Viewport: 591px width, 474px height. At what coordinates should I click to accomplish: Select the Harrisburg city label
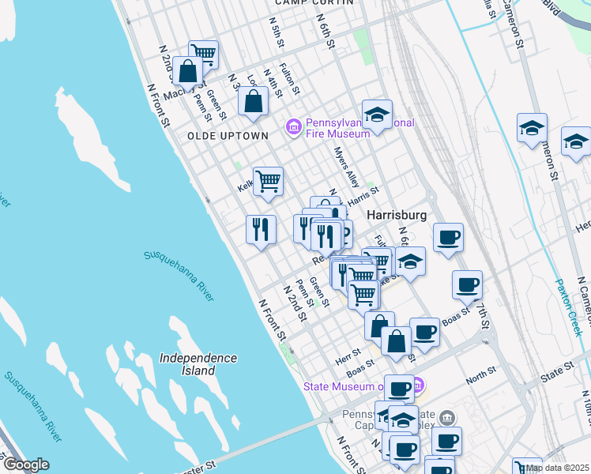[x=396, y=215]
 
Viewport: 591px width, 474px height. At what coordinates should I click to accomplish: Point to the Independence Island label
[x=198, y=364]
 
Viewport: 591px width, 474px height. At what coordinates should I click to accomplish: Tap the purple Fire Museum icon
[x=294, y=126]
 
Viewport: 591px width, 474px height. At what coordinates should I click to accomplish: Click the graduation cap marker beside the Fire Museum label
[x=378, y=114]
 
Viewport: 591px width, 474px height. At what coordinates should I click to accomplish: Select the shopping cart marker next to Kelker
[x=268, y=181]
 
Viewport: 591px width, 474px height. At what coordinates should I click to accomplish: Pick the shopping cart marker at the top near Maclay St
[x=203, y=54]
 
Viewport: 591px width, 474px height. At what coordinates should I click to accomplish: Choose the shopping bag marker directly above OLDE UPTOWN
[x=253, y=102]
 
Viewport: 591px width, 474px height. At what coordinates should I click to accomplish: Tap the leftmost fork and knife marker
[x=261, y=229]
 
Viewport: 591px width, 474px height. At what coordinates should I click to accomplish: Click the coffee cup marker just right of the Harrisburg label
[x=448, y=236]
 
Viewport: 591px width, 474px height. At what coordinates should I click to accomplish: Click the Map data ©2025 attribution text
[x=558, y=468]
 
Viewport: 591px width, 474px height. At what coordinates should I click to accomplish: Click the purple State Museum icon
[x=418, y=386]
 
